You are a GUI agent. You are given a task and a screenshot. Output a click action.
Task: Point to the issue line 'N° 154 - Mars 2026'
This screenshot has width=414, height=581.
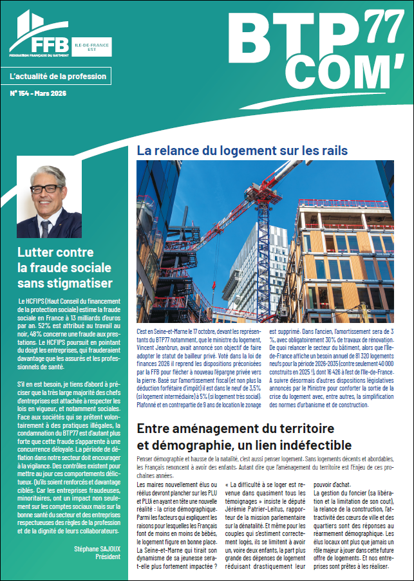pos(39,94)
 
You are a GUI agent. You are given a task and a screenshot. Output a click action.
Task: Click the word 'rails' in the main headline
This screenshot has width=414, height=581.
pos(332,151)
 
